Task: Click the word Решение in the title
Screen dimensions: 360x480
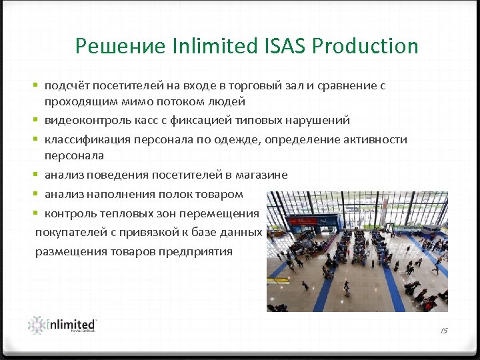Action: point(119,46)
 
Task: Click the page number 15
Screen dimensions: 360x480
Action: point(445,331)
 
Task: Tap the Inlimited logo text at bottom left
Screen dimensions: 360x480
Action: point(73,324)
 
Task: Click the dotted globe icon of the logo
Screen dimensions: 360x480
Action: point(37,325)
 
